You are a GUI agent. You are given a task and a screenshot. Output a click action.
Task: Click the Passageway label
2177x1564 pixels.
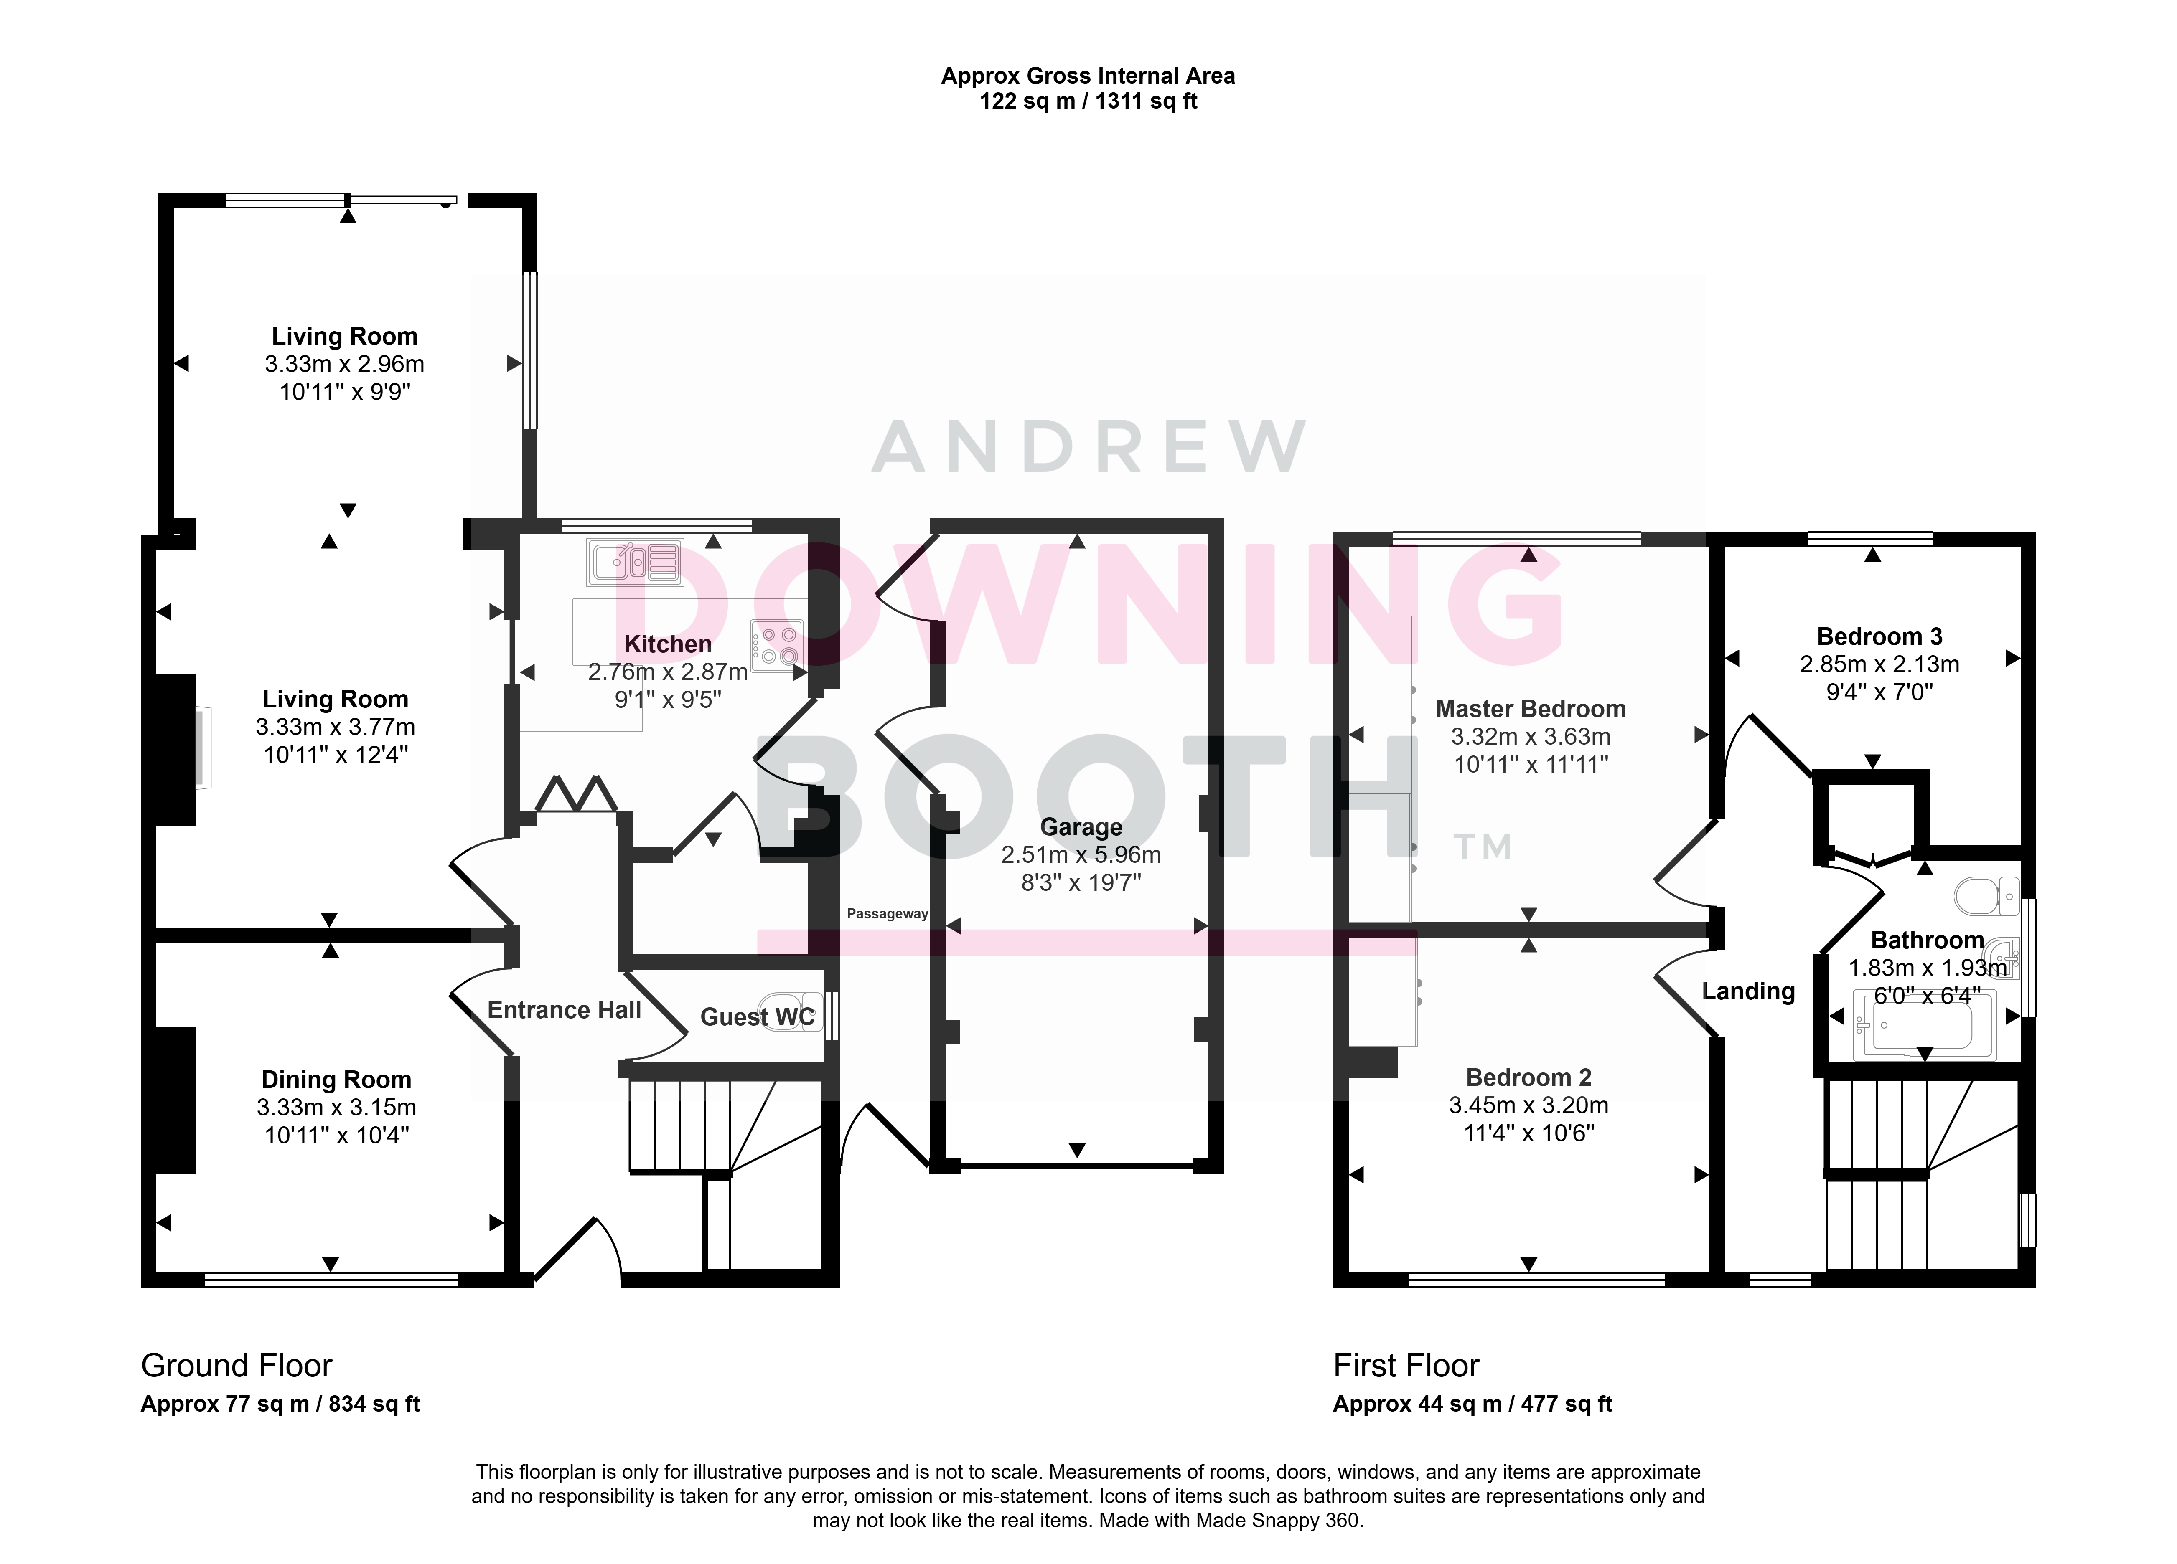(x=887, y=913)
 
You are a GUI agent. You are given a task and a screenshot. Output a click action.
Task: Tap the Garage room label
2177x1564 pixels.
(x=1081, y=827)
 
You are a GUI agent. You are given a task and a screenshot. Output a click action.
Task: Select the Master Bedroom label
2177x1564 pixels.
(x=1530, y=709)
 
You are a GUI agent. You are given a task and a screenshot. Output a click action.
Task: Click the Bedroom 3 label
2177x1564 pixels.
(x=1879, y=636)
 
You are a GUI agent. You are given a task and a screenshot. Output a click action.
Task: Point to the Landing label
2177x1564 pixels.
(x=1748, y=991)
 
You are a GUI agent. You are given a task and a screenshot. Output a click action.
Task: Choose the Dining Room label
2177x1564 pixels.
(x=336, y=1080)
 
